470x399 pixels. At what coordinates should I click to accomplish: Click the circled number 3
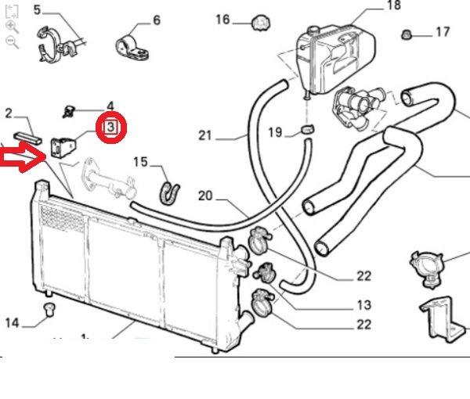point(110,126)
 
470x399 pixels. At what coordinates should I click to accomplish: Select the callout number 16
point(222,20)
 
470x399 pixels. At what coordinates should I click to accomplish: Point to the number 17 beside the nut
point(443,32)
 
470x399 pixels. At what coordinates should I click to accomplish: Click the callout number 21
point(205,135)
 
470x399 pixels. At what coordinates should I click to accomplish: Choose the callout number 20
point(205,196)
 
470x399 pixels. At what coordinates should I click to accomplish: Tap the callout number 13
point(363,306)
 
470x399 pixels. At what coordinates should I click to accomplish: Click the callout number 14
point(12,322)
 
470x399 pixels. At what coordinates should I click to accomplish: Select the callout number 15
point(139,162)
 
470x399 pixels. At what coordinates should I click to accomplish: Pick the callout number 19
point(274,132)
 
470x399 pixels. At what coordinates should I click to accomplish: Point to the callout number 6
point(156,20)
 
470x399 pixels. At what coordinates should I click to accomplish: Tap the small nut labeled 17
point(407,34)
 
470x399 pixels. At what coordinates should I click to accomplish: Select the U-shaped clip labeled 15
point(168,189)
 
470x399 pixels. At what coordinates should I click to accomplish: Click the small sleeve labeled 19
point(306,130)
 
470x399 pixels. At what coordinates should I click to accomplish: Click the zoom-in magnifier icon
point(12,26)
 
